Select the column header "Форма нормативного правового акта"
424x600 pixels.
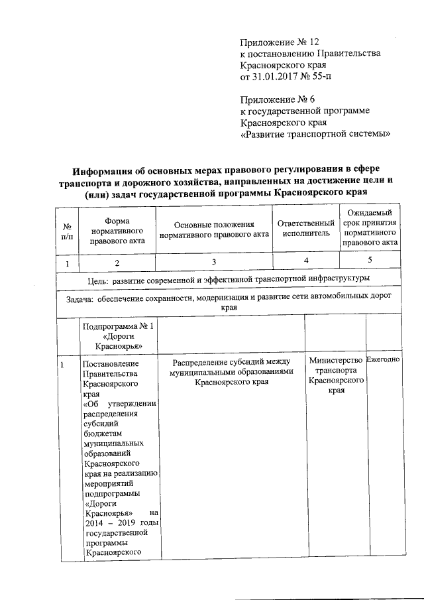click(117, 231)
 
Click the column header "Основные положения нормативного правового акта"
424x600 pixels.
click(214, 231)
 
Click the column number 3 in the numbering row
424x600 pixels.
click(214, 263)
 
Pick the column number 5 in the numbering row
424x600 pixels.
click(370, 260)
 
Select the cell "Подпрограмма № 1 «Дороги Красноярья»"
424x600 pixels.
click(117, 335)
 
